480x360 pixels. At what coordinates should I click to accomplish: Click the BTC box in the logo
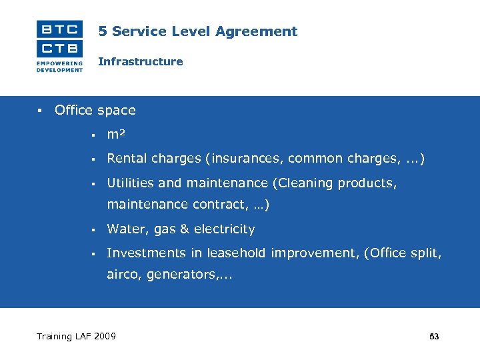tap(59, 29)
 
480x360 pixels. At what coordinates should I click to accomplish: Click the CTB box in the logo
tap(59, 49)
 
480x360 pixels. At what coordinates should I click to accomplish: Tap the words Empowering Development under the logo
tap(59, 67)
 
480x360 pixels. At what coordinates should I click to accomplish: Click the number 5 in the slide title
tap(103, 31)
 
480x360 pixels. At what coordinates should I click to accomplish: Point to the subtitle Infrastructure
tap(140, 61)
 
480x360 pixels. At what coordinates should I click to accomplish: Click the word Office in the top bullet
tap(73, 110)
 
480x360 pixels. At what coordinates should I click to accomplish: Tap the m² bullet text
tap(117, 135)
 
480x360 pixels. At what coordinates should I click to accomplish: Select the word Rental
tap(127, 159)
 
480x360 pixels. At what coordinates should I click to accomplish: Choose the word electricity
tap(225, 229)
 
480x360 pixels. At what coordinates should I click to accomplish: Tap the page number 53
tap(434, 337)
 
